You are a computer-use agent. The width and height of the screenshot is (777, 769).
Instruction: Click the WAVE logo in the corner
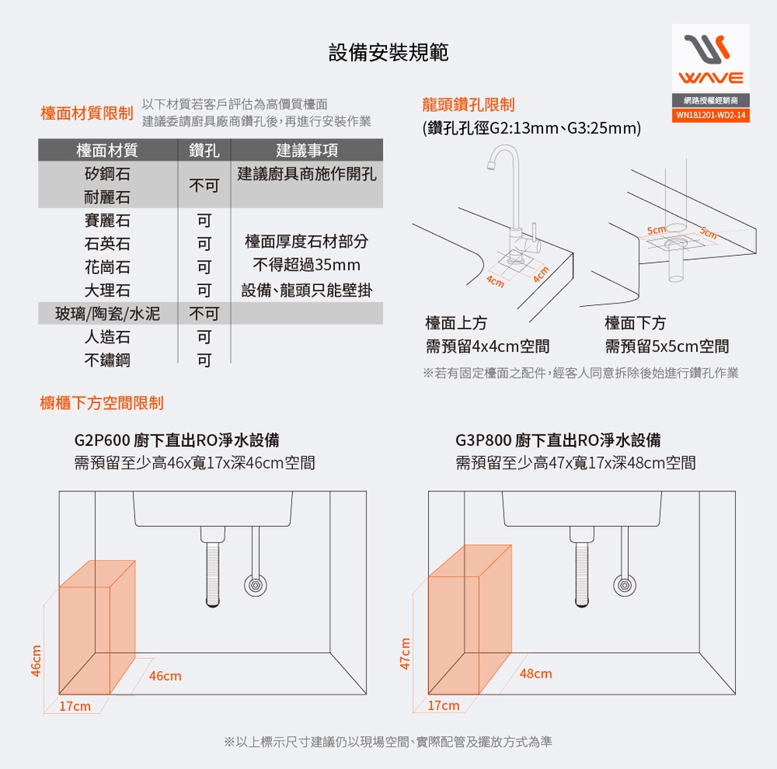[711, 59]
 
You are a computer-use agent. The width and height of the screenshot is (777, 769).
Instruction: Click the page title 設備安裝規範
[388, 53]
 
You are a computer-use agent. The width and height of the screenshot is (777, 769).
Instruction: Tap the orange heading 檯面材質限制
[87, 113]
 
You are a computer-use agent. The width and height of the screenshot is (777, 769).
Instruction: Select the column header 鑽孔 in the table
[204, 150]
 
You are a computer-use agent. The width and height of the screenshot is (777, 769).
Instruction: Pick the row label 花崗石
[107, 267]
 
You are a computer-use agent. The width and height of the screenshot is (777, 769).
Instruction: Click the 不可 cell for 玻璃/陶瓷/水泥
[204, 313]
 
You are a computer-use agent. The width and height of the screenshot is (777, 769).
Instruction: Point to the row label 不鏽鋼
[107, 360]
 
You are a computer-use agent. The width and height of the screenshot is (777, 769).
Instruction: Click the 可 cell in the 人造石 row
[204, 337]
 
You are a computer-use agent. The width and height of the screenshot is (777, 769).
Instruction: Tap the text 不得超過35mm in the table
[307, 265]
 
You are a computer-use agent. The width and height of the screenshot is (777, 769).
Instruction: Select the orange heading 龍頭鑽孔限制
[469, 104]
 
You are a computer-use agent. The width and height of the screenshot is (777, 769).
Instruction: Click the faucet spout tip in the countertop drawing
[491, 166]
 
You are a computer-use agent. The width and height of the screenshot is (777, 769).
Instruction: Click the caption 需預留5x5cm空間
[666, 346]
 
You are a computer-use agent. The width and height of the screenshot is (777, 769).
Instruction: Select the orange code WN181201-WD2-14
[711, 115]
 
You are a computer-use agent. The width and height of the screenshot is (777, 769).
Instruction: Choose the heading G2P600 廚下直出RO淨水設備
[177, 440]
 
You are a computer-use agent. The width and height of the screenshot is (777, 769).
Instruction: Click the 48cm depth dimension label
[536, 673]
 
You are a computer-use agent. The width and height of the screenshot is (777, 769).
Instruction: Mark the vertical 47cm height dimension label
[405, 653]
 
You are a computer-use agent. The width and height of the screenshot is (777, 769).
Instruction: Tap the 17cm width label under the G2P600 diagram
[74, 706]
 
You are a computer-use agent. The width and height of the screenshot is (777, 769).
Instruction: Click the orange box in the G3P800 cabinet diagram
[469, 619]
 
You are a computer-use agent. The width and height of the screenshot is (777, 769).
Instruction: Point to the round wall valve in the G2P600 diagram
[255, 585]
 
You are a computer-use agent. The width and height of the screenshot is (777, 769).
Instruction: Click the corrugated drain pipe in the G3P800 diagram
[582, 575]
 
